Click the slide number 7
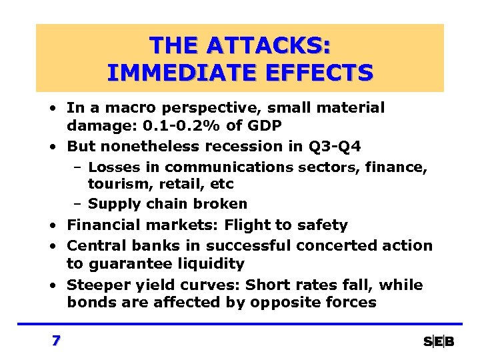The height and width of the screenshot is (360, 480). tap(56, 341)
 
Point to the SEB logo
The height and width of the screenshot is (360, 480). tap(439, 341)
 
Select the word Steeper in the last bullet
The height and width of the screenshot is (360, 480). tap(96, 285)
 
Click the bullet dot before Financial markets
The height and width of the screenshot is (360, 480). tap(51, 226)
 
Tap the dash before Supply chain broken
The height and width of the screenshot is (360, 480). tap(77, 204)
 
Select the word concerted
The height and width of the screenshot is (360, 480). tap(332, 245)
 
